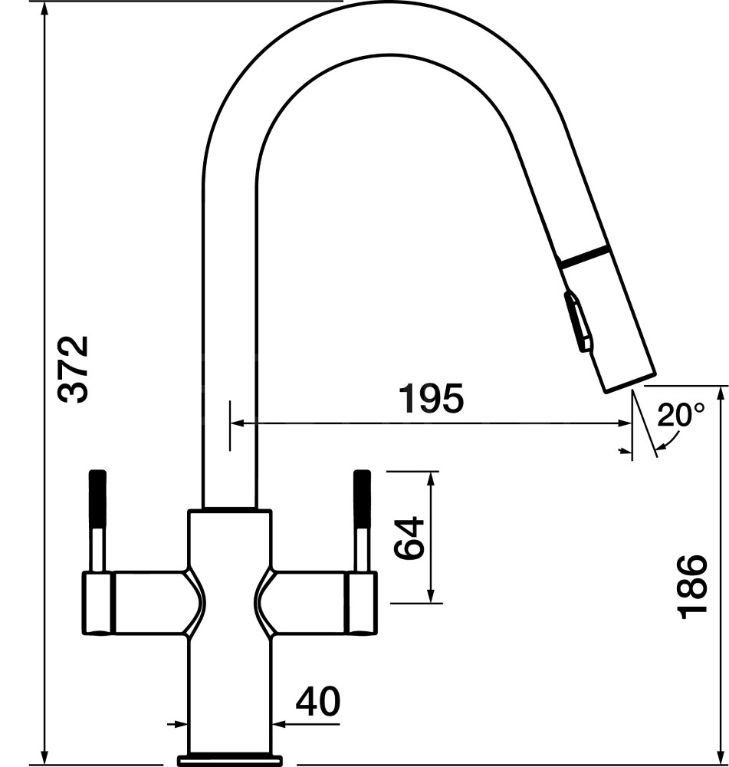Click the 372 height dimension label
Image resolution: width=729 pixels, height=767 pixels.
(x=75, y=368)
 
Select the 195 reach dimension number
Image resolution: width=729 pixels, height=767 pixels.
(x=431, y=400)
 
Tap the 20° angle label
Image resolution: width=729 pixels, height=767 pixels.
(x=680, y=416)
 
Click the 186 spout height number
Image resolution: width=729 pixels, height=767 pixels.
(x=691, y=585)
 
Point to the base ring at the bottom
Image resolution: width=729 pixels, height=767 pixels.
(x=229, y=760)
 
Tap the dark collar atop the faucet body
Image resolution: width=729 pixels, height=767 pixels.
(x=229, y=509)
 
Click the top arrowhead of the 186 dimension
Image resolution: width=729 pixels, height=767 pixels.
(x=720, y=393)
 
